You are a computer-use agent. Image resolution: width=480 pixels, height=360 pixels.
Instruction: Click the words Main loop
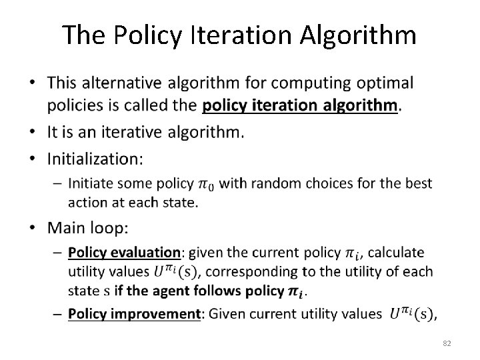88,228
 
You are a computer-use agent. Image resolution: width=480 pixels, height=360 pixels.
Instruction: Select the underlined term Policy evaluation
125,253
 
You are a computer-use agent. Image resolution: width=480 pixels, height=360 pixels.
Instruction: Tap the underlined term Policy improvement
134,313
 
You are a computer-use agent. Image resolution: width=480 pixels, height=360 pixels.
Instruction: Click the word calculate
396,253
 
